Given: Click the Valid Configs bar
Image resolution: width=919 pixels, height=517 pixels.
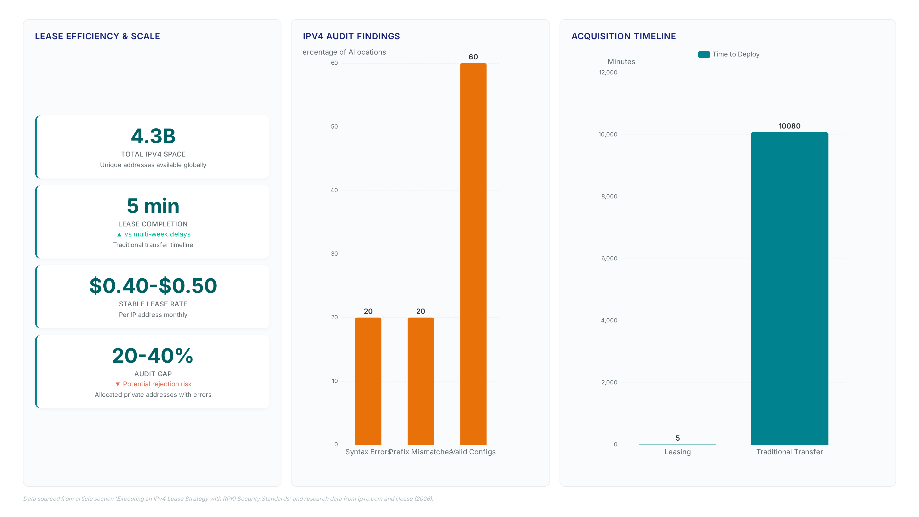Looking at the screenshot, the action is (x=473, y=254).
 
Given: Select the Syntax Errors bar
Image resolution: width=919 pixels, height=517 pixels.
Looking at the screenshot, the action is (x=368, y=381).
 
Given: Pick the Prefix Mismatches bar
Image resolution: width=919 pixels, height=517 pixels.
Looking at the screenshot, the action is (x=421, y=381).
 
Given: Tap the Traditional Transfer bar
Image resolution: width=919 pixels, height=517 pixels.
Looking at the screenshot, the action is (x=790, y=288).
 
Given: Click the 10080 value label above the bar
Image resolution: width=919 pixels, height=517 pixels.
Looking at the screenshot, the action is (x=790, y=126).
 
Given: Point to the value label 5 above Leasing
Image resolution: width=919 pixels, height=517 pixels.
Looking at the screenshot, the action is (x=678, y=438).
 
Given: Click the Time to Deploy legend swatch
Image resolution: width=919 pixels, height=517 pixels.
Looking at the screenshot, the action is (x=704, y=54).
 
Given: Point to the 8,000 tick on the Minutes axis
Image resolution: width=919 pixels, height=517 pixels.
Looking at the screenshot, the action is (x=609, y=197).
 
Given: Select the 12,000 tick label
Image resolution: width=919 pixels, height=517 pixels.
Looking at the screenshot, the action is (x=608, y=73).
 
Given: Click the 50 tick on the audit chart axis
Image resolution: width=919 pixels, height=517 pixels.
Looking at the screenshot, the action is (x=334, y=127).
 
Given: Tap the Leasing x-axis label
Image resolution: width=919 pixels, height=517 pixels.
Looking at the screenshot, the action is (x=678, y=452).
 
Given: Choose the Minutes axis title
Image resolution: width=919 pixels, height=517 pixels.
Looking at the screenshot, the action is (x=622, y=62).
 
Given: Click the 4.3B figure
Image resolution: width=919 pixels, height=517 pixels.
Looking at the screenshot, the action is (x=153, y=136).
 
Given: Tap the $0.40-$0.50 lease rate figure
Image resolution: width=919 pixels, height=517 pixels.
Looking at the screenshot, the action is (x=153, y=286).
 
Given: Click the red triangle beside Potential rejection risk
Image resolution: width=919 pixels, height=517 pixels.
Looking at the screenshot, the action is (x=118, y=384).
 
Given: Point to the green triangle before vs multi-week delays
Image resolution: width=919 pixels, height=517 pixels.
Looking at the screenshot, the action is (x=119, y=234).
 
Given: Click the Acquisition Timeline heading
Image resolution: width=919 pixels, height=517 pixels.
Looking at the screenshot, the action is (x=624, y=36).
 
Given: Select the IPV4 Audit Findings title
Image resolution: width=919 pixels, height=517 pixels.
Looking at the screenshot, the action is (x=351, y=36).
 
